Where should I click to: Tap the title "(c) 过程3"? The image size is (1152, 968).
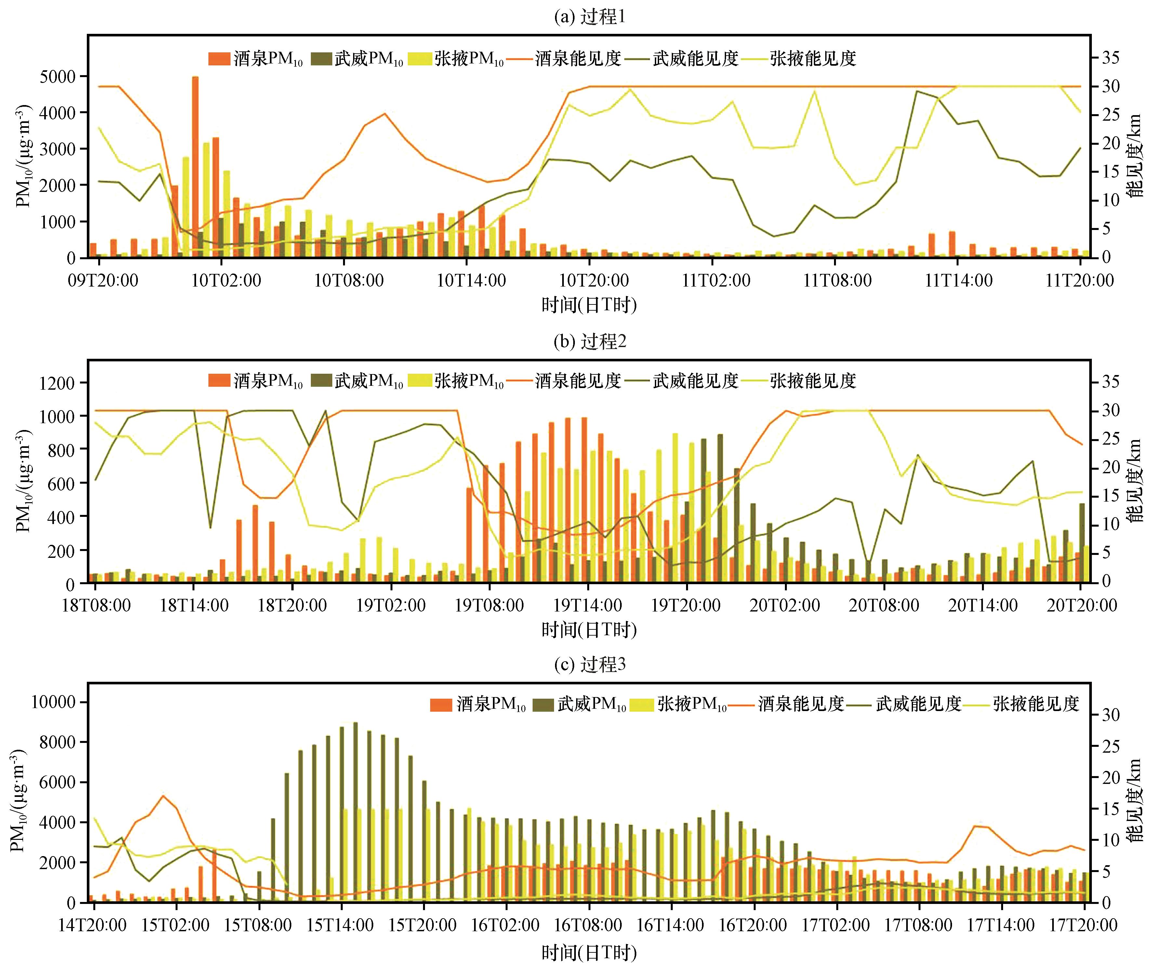coord(589,665)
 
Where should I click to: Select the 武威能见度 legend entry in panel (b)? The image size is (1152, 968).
coord(685,381)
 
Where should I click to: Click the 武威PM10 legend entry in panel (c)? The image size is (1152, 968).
coord(580,704)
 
